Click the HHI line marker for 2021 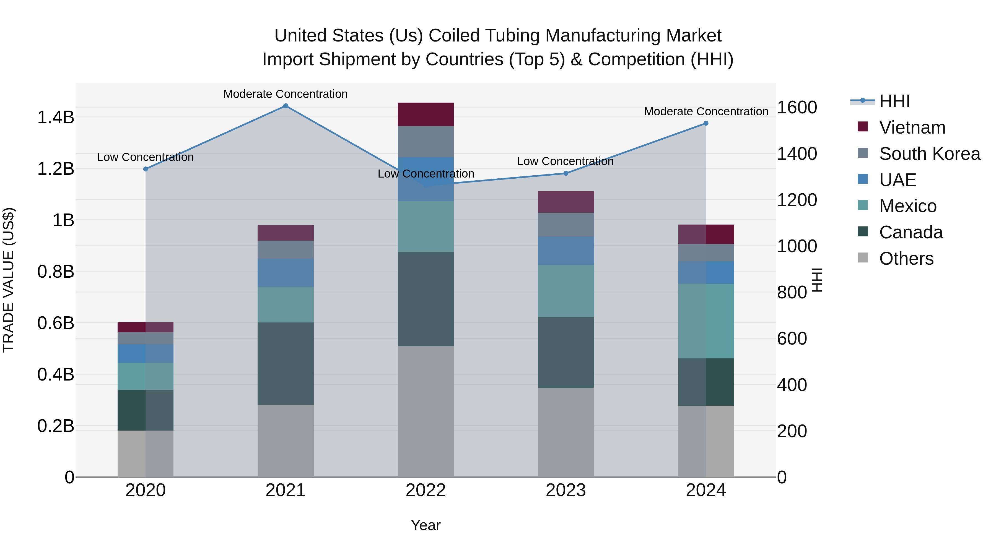click(x=285, y=106)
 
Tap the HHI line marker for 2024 click(x=705, y=123)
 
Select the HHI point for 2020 click(x=145, y=169)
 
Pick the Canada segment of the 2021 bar click(x=285, y=363)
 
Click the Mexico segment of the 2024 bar click(x=705, y=321)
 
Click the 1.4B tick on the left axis click(x=55, y=117)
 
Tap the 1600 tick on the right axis click(x=797, y=108)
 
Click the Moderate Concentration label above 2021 click(x=285, y=94)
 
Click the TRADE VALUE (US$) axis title click(x=9, y=280)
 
